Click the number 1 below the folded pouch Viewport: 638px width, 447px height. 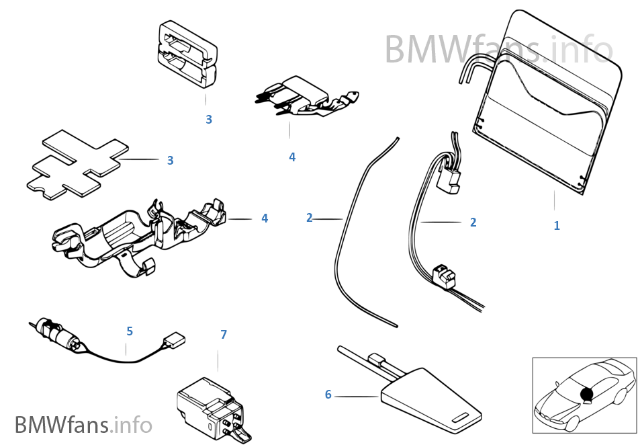[556, 226]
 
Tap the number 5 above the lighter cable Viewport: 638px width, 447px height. [130, 331]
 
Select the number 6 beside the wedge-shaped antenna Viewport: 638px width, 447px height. [328, 395]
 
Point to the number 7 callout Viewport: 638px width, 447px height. [224, 334]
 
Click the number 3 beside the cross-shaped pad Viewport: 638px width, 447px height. [170, 161]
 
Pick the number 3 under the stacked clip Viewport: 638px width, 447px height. [209, 120]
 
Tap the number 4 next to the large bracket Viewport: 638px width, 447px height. [265, 218]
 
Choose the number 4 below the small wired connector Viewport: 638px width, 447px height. [292, 157]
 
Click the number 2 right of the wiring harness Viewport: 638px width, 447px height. [473, 222]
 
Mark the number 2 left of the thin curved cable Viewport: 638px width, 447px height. [309, 218]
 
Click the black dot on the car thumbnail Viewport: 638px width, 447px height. [586, 393]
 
